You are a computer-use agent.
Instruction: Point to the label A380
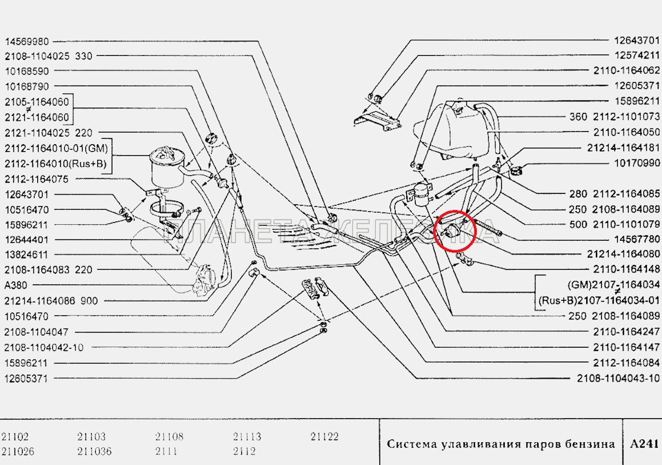click(x=16, y=284)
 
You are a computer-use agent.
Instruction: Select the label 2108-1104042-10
click(x=43, y=347)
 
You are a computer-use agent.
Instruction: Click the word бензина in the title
click(x=590, y=444)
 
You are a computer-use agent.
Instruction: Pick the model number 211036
click(x=94, y=452)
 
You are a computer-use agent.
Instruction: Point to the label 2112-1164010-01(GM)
click(x=56, y=148)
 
